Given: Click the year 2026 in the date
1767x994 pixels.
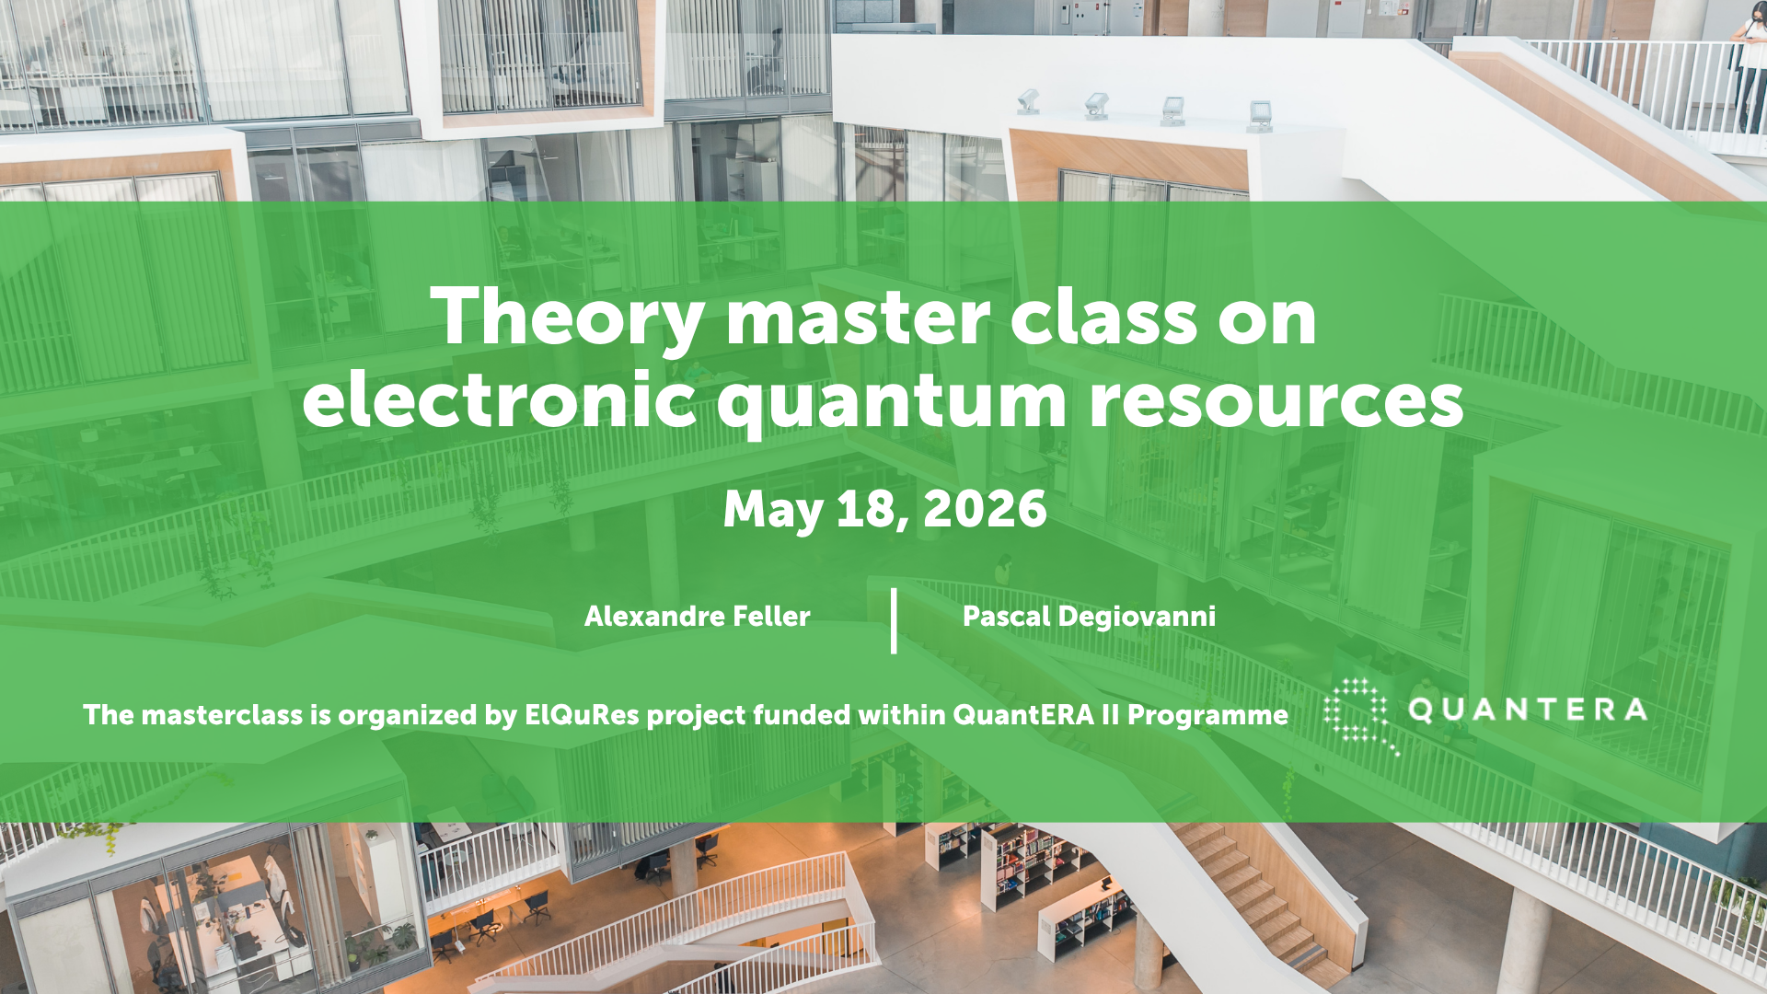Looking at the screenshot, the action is point(985,509).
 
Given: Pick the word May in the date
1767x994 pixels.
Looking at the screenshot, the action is point(773,511).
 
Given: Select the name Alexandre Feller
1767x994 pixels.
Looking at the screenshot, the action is point(698,616).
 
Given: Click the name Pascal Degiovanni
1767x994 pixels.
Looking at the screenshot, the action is point(1089,616).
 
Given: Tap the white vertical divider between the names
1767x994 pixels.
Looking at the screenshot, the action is point(894,621).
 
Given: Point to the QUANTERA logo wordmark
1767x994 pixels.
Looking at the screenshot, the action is point(1528,710).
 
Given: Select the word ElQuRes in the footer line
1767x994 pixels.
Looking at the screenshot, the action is point(582,715).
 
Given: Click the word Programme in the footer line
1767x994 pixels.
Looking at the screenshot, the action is point(1207,716).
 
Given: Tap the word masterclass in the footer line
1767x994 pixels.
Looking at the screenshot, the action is point(222,715).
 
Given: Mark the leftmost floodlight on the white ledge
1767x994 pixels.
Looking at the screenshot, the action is point(1028,101).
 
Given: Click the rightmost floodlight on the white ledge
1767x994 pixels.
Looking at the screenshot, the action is point(1260,116).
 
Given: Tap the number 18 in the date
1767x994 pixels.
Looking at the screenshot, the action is point(864,509).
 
